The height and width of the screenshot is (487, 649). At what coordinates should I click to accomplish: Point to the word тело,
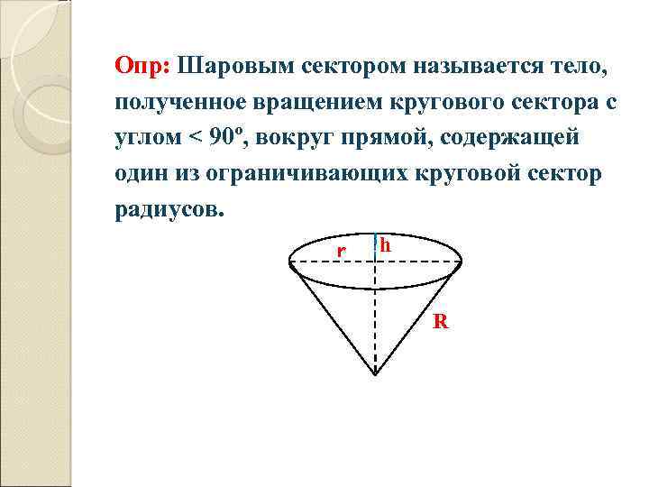(580, 68)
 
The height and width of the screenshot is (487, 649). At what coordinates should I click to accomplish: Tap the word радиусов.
(167, 210)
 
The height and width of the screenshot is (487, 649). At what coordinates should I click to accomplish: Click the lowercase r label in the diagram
(341, 249)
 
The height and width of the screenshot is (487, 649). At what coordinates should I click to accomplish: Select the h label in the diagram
(385, 245)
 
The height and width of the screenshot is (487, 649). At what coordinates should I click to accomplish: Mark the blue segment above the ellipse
(374, 246)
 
